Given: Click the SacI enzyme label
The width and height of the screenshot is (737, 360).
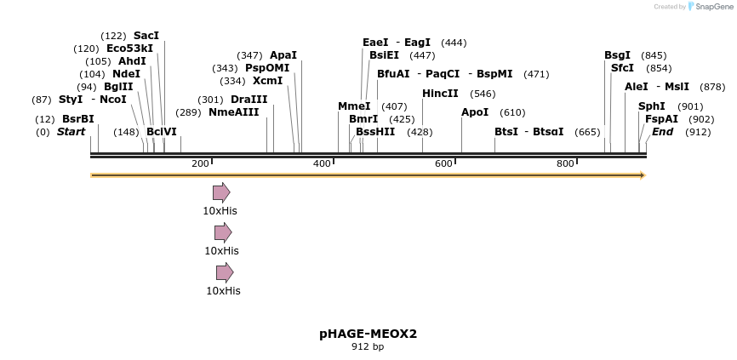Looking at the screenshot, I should [x=146, y=36].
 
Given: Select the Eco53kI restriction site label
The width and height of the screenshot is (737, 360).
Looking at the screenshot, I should [x=130, y=49].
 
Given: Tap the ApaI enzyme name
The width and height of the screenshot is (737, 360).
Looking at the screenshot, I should [x=283, y=55].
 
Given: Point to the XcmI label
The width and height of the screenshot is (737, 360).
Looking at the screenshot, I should [x=267, y=81].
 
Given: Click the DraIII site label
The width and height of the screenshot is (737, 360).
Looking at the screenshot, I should [x=249, y=100].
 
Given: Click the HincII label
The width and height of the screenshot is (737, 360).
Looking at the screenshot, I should [x=440, y=94].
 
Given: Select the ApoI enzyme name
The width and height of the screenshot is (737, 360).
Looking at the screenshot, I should [x=475, y=112].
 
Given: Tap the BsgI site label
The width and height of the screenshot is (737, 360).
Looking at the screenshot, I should [x=617, y=55].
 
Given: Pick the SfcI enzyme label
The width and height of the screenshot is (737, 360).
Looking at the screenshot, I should [x=622, y=68].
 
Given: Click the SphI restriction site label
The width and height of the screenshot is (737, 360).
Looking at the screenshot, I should [x=651, y=106].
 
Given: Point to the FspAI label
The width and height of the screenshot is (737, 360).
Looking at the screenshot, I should [x=661, y=119].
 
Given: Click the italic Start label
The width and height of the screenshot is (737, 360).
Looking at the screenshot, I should [x=71, y=132].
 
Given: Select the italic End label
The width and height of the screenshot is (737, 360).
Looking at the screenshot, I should [x=663, y=132].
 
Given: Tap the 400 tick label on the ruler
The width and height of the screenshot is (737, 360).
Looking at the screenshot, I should [x=322, y=163].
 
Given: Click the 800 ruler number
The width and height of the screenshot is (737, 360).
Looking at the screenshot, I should [x=565, y=163].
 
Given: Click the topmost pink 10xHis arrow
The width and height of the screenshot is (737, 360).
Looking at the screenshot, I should [x=221, y=192].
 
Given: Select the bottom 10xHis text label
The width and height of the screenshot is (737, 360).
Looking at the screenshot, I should [x=223, y=291].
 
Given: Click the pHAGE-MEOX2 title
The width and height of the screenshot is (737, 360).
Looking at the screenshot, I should [x=368, y=334].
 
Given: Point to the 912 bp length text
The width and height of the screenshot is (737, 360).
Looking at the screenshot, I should [x=368, y=347].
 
